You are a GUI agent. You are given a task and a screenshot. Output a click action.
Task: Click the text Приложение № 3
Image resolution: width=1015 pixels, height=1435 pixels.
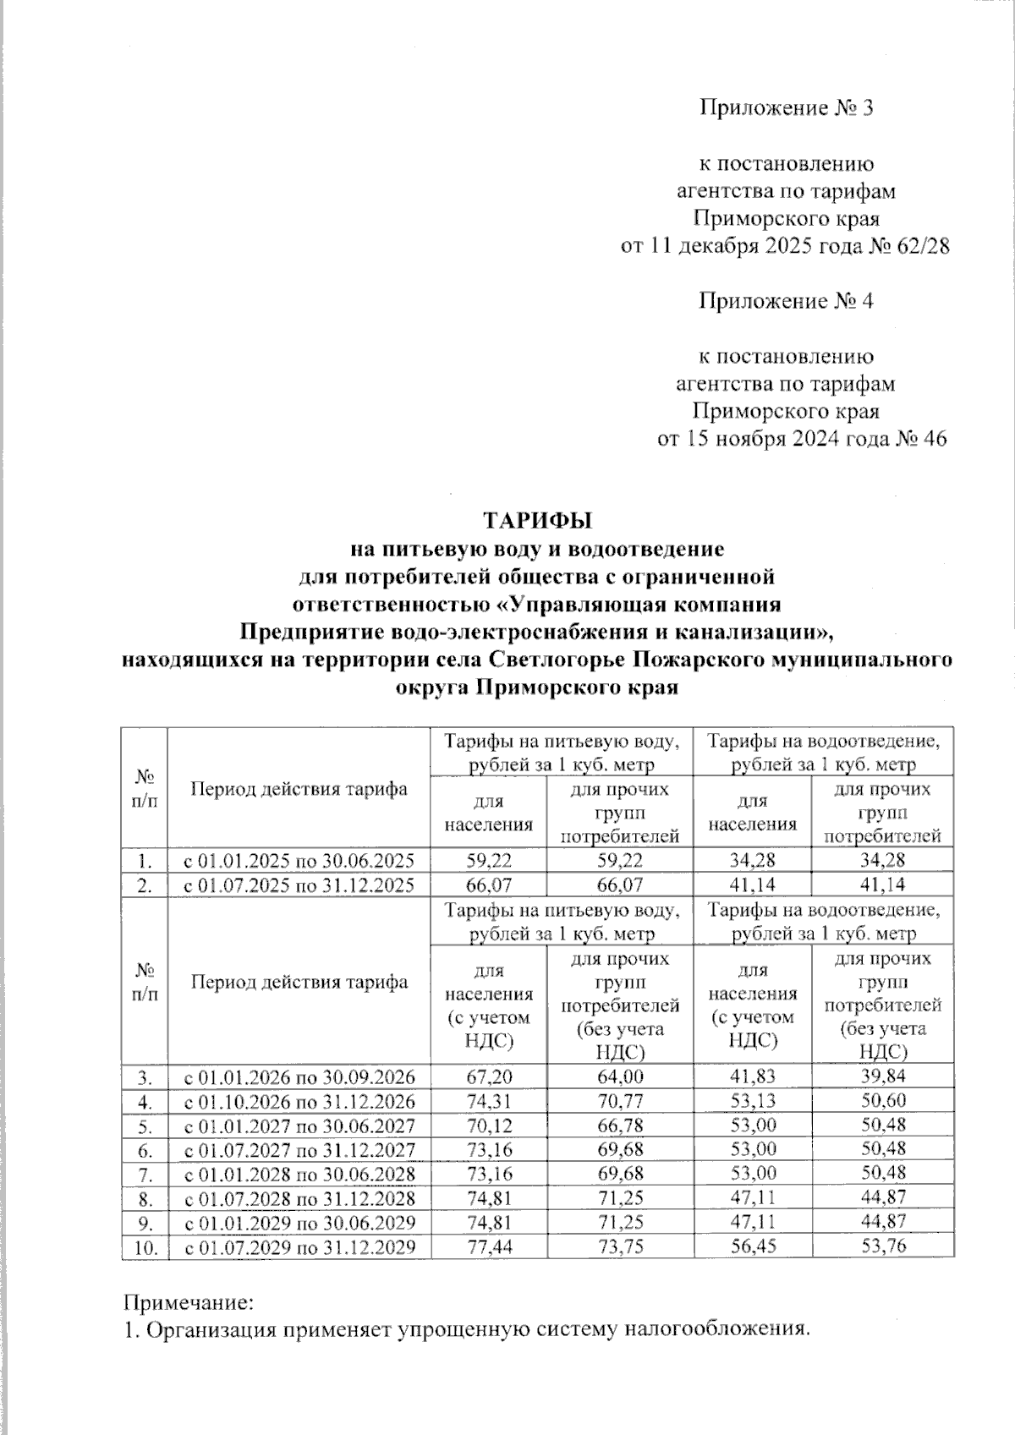pyautogui.click(x=785, y=108)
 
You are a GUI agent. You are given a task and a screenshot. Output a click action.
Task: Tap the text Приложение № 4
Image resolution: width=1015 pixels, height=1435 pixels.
pyautogui.click(x=785, y=301)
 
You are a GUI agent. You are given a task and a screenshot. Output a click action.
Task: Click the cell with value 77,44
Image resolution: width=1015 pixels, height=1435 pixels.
pyautogui.click(x=489, y=1246)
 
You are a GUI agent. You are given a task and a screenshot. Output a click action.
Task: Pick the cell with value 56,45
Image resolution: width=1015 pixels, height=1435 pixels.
pyautogui.click(x=751, y=1246)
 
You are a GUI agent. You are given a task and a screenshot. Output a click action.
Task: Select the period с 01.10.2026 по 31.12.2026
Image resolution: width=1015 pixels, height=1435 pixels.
pyautogui.click(x=300, y=1102)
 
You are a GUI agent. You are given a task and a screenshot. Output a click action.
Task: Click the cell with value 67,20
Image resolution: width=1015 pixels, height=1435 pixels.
pyautogui.click(x=489, y=1077)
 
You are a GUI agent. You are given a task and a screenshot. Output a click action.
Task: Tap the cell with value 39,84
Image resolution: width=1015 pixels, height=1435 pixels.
pyautogui.click(x=882, y=1077)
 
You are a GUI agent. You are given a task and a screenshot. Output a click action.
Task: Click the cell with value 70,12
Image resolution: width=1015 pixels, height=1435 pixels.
pyautogui.click(x=489, y=1126)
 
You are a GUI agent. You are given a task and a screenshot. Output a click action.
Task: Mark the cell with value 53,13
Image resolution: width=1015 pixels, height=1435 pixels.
pyautogui.click(x=751, y=1102)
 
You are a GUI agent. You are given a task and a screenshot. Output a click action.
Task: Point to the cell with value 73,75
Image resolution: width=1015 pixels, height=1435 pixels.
pyautogui.click(x=620, y=1246)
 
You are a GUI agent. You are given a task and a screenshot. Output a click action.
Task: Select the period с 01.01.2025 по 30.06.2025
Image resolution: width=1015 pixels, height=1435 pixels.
pyautogui.click(x=300, y=861)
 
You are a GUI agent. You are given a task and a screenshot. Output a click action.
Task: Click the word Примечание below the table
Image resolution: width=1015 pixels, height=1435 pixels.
pyautogui.click(x=189, y=1299)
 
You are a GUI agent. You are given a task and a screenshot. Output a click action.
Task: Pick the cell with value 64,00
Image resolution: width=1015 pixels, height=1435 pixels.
pyautogui.click(x=620, y=1077)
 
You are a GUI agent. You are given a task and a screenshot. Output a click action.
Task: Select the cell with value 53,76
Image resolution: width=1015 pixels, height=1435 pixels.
pyautogui.click(x=882, y=1246)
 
